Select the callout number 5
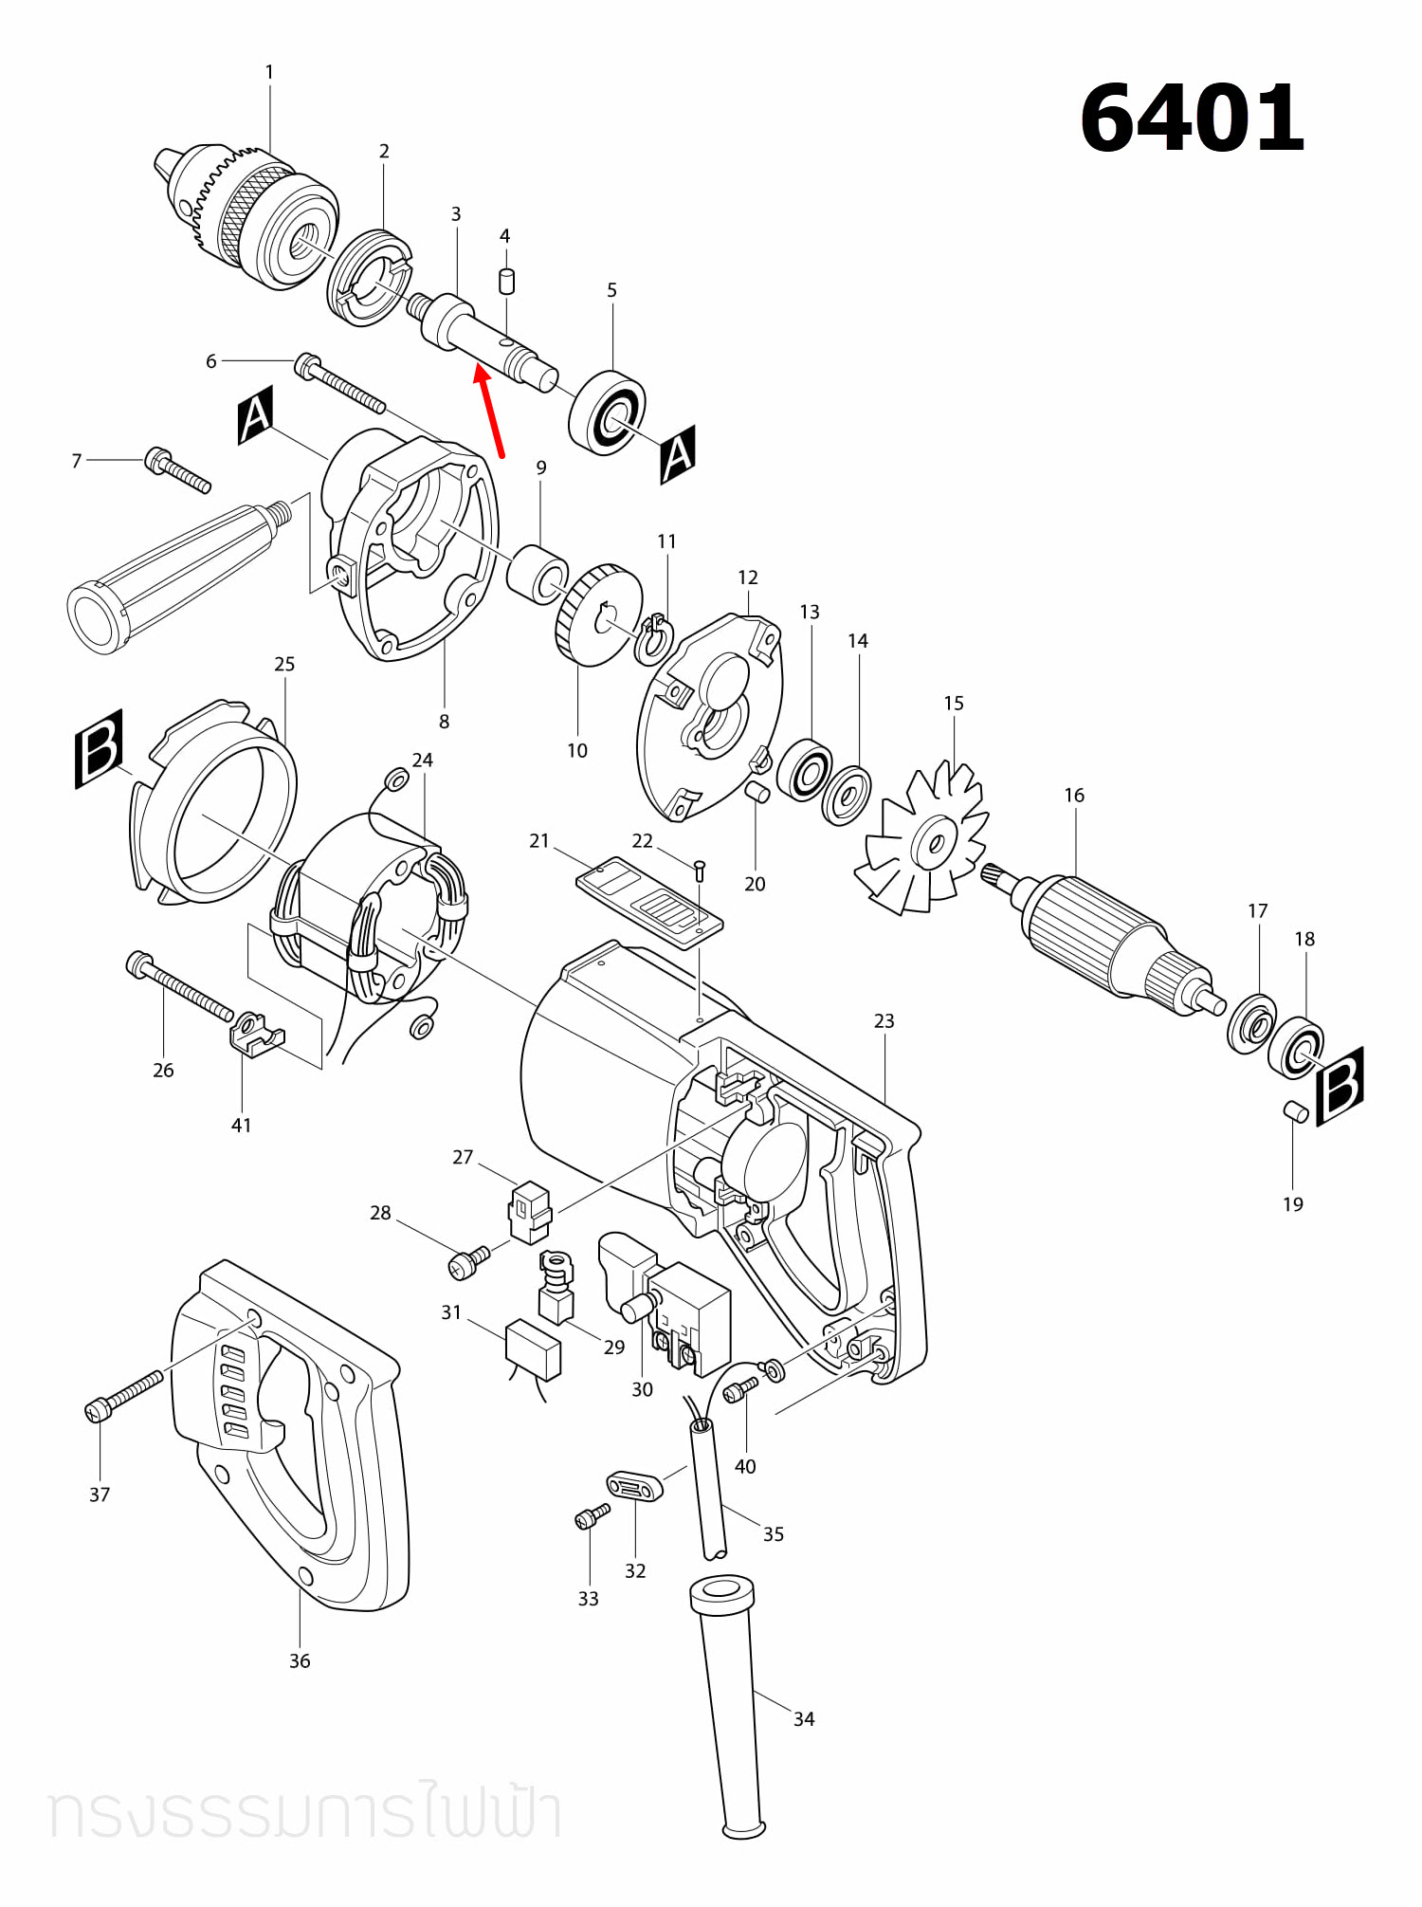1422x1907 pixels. [611, 290]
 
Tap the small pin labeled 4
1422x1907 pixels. [507, 281]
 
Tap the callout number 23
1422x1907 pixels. [884, 1020]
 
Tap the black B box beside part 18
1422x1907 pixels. [1340, 1085]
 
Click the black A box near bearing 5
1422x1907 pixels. [678, 454]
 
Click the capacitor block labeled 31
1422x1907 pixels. [534, 1348]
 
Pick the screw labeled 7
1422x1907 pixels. [177, 469]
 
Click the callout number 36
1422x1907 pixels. [300, 1660]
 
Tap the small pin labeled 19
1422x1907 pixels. [1295, 1111]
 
